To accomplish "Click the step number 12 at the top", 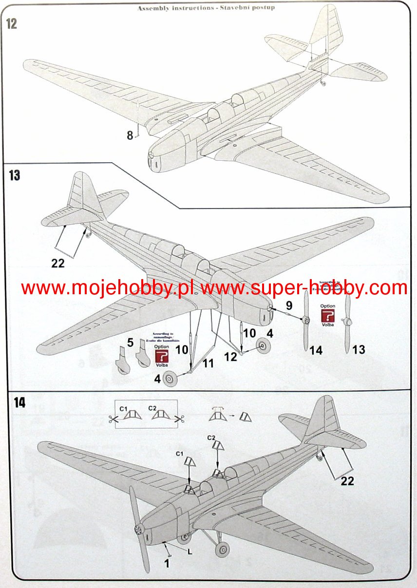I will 11,23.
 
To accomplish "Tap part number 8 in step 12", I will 130,135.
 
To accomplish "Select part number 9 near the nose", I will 288,306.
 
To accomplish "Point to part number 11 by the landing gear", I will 208,362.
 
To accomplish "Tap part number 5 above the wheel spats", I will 130,342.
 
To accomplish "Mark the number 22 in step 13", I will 58,263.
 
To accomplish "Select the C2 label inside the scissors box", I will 152,407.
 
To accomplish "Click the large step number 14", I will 19,403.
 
